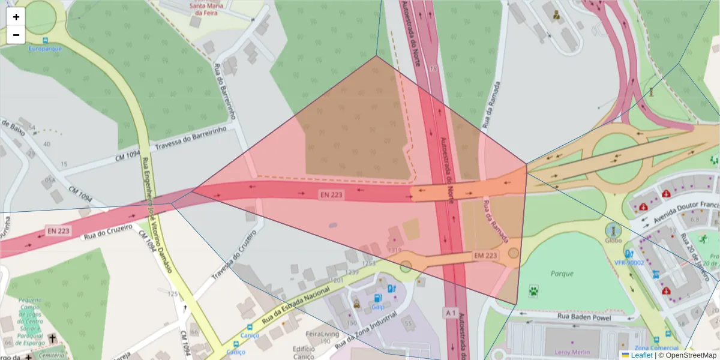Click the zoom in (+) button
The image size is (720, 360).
coord(16,17)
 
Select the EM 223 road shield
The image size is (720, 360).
coord(486,255)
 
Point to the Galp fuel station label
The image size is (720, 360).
coord(377,307)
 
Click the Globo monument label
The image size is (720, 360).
coord(613,241)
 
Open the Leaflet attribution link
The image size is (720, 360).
coord(641,355)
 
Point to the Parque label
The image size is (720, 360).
coord(562,273)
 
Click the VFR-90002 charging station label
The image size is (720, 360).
coord(629,262)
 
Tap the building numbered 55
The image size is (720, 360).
coord(409,324)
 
